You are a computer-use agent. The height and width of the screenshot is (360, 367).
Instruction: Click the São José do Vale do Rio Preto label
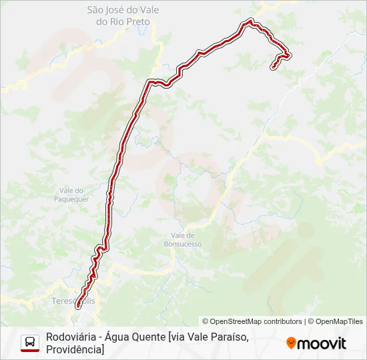[x=119, y=15]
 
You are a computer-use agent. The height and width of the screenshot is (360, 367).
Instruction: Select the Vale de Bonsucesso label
[x=186, y=240]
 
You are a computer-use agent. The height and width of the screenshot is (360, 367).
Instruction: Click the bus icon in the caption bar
[x=30, y=343]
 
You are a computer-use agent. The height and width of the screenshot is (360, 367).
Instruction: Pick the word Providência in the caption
[x=73, y=349]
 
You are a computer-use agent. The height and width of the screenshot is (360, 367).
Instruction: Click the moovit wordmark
[x=322, y=343]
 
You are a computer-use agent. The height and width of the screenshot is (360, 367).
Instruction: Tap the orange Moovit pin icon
[x=291, y=343]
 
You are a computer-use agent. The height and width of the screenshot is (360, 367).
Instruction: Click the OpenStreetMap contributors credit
[x=252, y=321]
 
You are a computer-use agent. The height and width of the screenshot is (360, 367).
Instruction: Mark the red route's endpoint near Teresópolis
[x=79, y=305]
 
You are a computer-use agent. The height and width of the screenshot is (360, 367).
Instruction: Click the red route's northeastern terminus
[x=273, y=67]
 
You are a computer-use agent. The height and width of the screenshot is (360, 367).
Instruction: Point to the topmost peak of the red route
[x=250, y=21]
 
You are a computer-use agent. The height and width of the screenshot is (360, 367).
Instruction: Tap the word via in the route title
[x=179, y=337]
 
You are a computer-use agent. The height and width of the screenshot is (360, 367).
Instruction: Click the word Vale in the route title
[x=200, y=337]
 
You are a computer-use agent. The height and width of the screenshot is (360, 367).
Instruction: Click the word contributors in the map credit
[x=282, y=321]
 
